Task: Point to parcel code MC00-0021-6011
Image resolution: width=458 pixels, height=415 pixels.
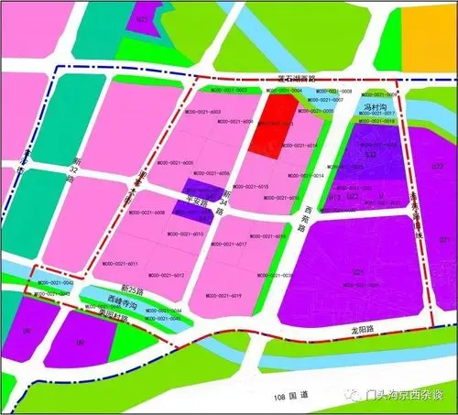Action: click(120, 264)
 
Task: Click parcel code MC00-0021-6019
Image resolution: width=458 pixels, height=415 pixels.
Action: click(223, 296)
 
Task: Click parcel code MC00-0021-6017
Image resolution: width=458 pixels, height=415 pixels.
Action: click(230, 245)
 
